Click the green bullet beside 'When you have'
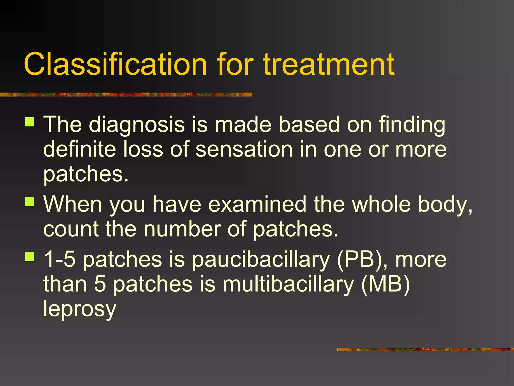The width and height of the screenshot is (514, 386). click(x=30, y=202)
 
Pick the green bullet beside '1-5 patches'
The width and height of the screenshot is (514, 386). click(x=30, y=257)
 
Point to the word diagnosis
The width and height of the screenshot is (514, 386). click(x=137, y=125)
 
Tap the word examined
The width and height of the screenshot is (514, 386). click(x=257, y=204)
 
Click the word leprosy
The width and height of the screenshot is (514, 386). click(x=80, y=309)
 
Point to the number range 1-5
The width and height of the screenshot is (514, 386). click(x=60, y=259)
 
